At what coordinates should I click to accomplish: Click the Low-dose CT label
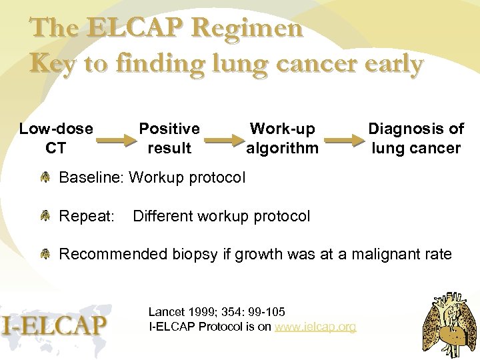click(55, 138)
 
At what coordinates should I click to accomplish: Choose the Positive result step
click(169, 138)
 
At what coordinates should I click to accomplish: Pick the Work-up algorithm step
click(282, 138)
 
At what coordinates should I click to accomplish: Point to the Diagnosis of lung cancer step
click(416, 138)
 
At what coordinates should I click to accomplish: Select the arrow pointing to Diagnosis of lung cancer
click(344, 141)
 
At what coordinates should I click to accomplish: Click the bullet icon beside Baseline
click(45, 178)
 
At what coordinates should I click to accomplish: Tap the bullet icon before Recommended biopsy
click(45, 254)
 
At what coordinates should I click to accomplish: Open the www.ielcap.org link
click(315, 327)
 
